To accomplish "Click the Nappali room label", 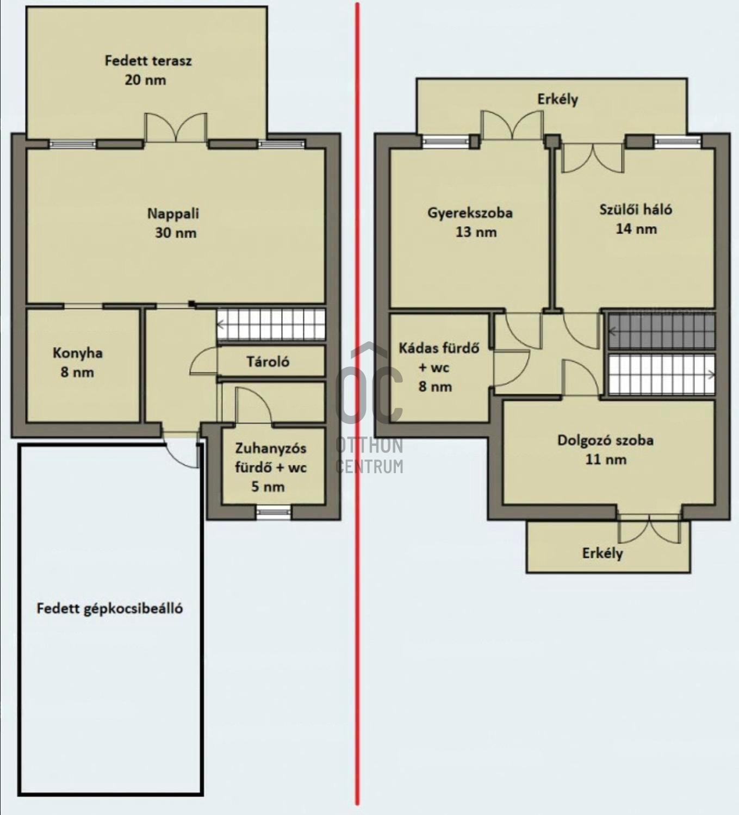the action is pos(173,214).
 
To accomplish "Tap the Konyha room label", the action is pos(78,353).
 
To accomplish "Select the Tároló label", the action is pos(268,361).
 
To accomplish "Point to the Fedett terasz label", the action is pos(148,61).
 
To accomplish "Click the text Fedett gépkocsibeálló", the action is pos(110,608).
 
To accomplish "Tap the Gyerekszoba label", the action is pos(470,213).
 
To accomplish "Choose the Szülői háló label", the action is pos(636,210).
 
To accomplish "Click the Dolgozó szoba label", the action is pos(606,440).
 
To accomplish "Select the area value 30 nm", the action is pos(176,233).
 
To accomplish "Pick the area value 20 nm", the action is pos(145,80).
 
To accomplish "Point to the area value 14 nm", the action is pos(636,229).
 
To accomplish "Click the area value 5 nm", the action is pos(268,486).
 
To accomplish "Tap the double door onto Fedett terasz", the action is pos(176,127).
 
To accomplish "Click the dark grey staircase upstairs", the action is pos(661,332).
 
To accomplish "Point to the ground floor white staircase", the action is pos(271,324).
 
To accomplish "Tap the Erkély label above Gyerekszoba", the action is pos(558,99).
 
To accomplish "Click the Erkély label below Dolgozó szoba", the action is pos(603,553).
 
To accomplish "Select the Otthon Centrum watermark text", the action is pos(370,456).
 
